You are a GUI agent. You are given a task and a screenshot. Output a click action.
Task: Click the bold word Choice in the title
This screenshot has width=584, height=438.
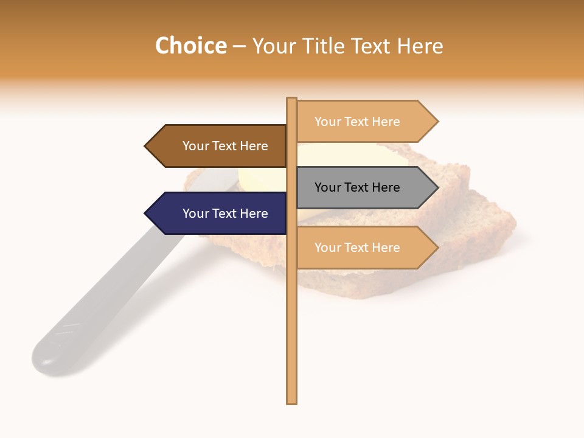coord(190,46)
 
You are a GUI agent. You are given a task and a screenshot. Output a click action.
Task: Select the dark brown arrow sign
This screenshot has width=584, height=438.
coord(219,146)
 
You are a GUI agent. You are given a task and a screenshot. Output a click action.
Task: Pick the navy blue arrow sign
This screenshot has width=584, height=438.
coord(219,214)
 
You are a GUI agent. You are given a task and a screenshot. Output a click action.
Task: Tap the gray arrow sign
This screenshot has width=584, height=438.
coord(362,187)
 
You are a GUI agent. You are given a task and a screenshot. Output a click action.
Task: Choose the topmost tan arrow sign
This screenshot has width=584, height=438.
coord(362,122)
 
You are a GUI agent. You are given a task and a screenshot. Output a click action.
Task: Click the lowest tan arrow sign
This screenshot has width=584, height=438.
coord(362,248)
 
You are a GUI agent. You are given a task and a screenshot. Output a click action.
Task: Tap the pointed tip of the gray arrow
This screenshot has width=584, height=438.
coord(437,187)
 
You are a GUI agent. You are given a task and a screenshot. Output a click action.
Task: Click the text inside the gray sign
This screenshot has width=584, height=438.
coord(357,187)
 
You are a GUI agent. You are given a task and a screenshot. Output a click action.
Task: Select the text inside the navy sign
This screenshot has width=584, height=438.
coord(225,214)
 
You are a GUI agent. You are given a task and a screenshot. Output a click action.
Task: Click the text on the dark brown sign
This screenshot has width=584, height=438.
coord(225,146)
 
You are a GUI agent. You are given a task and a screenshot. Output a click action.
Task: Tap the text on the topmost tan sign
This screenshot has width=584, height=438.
coord(357,122)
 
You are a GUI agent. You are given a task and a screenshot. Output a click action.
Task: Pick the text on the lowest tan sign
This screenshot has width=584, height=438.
coord(357,248)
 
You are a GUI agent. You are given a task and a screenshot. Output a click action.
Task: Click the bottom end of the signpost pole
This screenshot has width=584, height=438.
coord(291,401)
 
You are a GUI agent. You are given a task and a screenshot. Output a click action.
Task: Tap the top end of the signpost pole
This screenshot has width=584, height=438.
coord(291,100)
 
